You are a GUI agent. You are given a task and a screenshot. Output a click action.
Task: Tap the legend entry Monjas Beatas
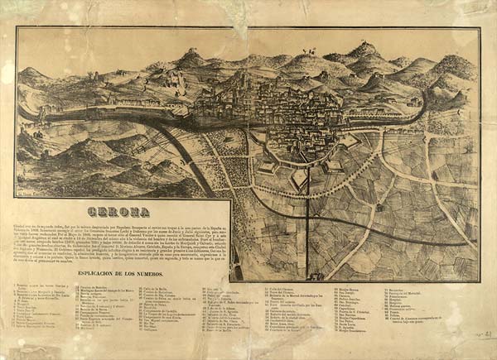coord(327,290)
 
